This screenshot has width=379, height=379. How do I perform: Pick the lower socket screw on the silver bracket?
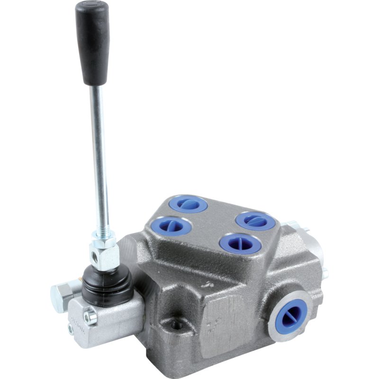pyautogui.click(x=71, y=328)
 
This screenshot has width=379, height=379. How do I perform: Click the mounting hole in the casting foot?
pyautogui.click(x=177, y=325)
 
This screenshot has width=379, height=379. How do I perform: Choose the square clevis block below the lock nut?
pyautogui.click(x=105, y=258)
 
